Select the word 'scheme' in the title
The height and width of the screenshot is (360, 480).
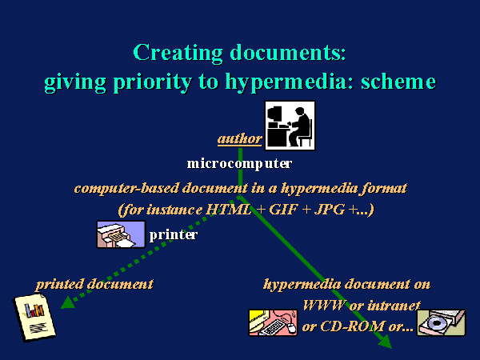(x=398, y=82)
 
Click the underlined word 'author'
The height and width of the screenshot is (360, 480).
(x=240, y=139)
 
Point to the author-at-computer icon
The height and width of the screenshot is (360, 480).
(x=290, y=126)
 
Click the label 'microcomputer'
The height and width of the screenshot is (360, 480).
(x=239, y=164)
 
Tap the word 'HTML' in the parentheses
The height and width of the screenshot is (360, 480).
(x=229, y=210)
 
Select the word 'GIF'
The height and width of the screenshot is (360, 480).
(x=283, y=210)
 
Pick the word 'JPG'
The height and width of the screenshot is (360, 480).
(x=330, y=210)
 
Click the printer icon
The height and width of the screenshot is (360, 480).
(x=121, y=234)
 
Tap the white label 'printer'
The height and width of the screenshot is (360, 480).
(x=174, y=235)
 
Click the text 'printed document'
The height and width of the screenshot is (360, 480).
(x=94, y=284)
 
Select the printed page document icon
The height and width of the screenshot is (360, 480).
(x=34, y=317)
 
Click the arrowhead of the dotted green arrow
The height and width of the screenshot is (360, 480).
(x=68, y=302)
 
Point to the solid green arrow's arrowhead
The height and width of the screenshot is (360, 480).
(x=386, y=342)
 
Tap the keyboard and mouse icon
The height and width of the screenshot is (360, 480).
(x=273, y=322)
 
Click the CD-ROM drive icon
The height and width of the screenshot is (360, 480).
(x=442, y=322)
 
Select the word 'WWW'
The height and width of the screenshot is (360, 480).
(x=324, y=306)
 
